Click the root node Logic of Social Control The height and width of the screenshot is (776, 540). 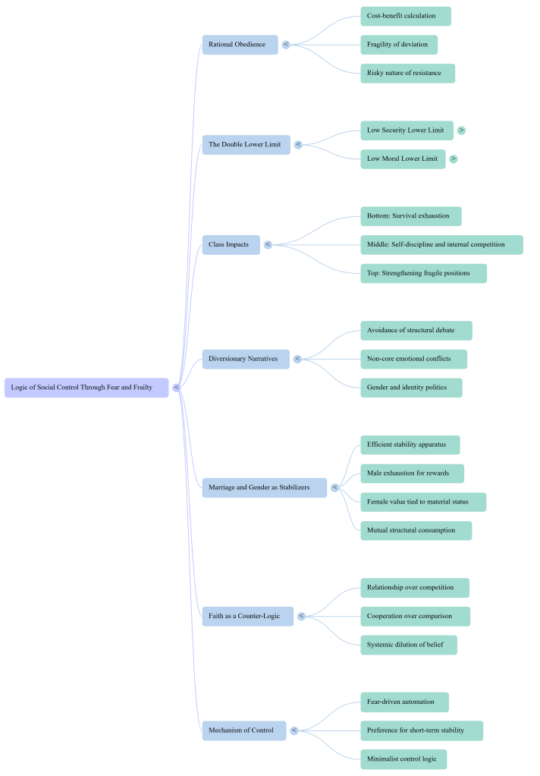[86, 388]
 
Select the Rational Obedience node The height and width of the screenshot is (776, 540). [240, 45]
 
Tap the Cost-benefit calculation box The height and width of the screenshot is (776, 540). [405, 16]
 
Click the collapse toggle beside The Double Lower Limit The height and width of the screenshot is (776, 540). [298, 145]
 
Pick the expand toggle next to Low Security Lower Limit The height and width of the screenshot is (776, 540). [461, 130]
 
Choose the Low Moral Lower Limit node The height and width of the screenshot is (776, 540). [403, 159]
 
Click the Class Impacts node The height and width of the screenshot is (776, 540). [231, 245]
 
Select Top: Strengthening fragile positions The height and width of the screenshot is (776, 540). [423, 274]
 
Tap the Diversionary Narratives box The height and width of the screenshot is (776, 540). [245, 359]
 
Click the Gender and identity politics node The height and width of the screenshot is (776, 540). [410, 388]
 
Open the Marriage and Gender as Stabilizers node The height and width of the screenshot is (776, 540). [264, 488]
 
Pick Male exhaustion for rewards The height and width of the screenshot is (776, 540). [412, 473]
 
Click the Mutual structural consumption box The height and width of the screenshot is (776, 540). [416, 531]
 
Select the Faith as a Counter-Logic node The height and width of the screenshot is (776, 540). [247, 616]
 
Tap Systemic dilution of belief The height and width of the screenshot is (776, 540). [408, 645]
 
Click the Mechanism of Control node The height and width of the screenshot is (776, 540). [243, 730]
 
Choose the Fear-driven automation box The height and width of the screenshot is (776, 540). [404, 702]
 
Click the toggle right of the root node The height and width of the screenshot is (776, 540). [176, 388]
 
